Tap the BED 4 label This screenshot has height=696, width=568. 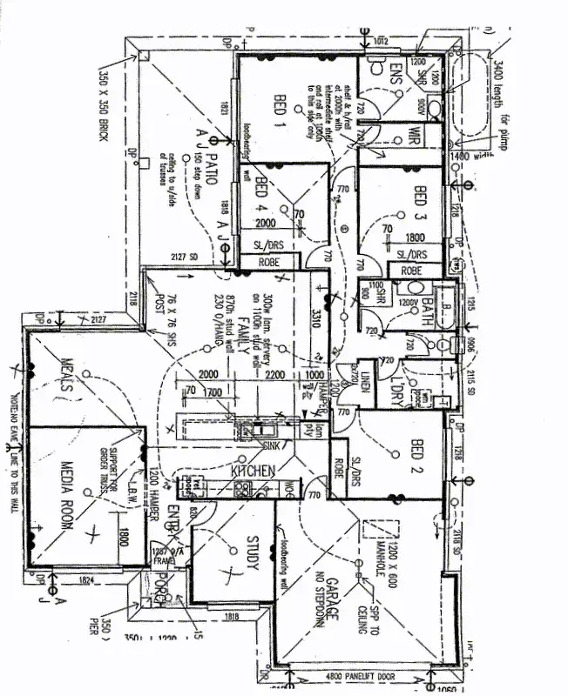pyautogui.click(x=260, y=195)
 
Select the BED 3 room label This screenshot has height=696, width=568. pyautogui.click(x=421, y=202)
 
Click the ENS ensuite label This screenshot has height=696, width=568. pyautogui.click(x=395, y=72)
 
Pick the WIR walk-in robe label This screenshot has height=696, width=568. pyautogui.click(x=415, y=136)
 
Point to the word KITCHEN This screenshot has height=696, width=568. pyautogui.click(x=253, y=470)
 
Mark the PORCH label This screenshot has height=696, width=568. pyautogui.click(x=160, y=597)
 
